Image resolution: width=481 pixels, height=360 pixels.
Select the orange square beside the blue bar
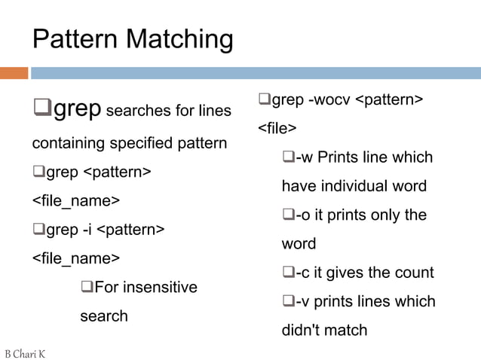click(14, 73)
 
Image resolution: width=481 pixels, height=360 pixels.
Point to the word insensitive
click(161, 287)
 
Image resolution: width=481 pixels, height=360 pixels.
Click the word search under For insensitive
click(104, 316)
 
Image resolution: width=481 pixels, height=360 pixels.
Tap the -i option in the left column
click(88, 229)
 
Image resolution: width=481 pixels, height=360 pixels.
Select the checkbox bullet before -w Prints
click(288, 157)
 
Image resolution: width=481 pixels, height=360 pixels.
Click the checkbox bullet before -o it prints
click(288, 215)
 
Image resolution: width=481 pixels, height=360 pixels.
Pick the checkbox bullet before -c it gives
click(288, 272)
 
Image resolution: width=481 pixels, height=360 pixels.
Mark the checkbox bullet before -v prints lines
click(288, 301)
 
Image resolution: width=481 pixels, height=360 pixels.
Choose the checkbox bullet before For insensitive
click(86, 287)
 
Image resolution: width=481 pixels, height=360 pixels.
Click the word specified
click(142, 143)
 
